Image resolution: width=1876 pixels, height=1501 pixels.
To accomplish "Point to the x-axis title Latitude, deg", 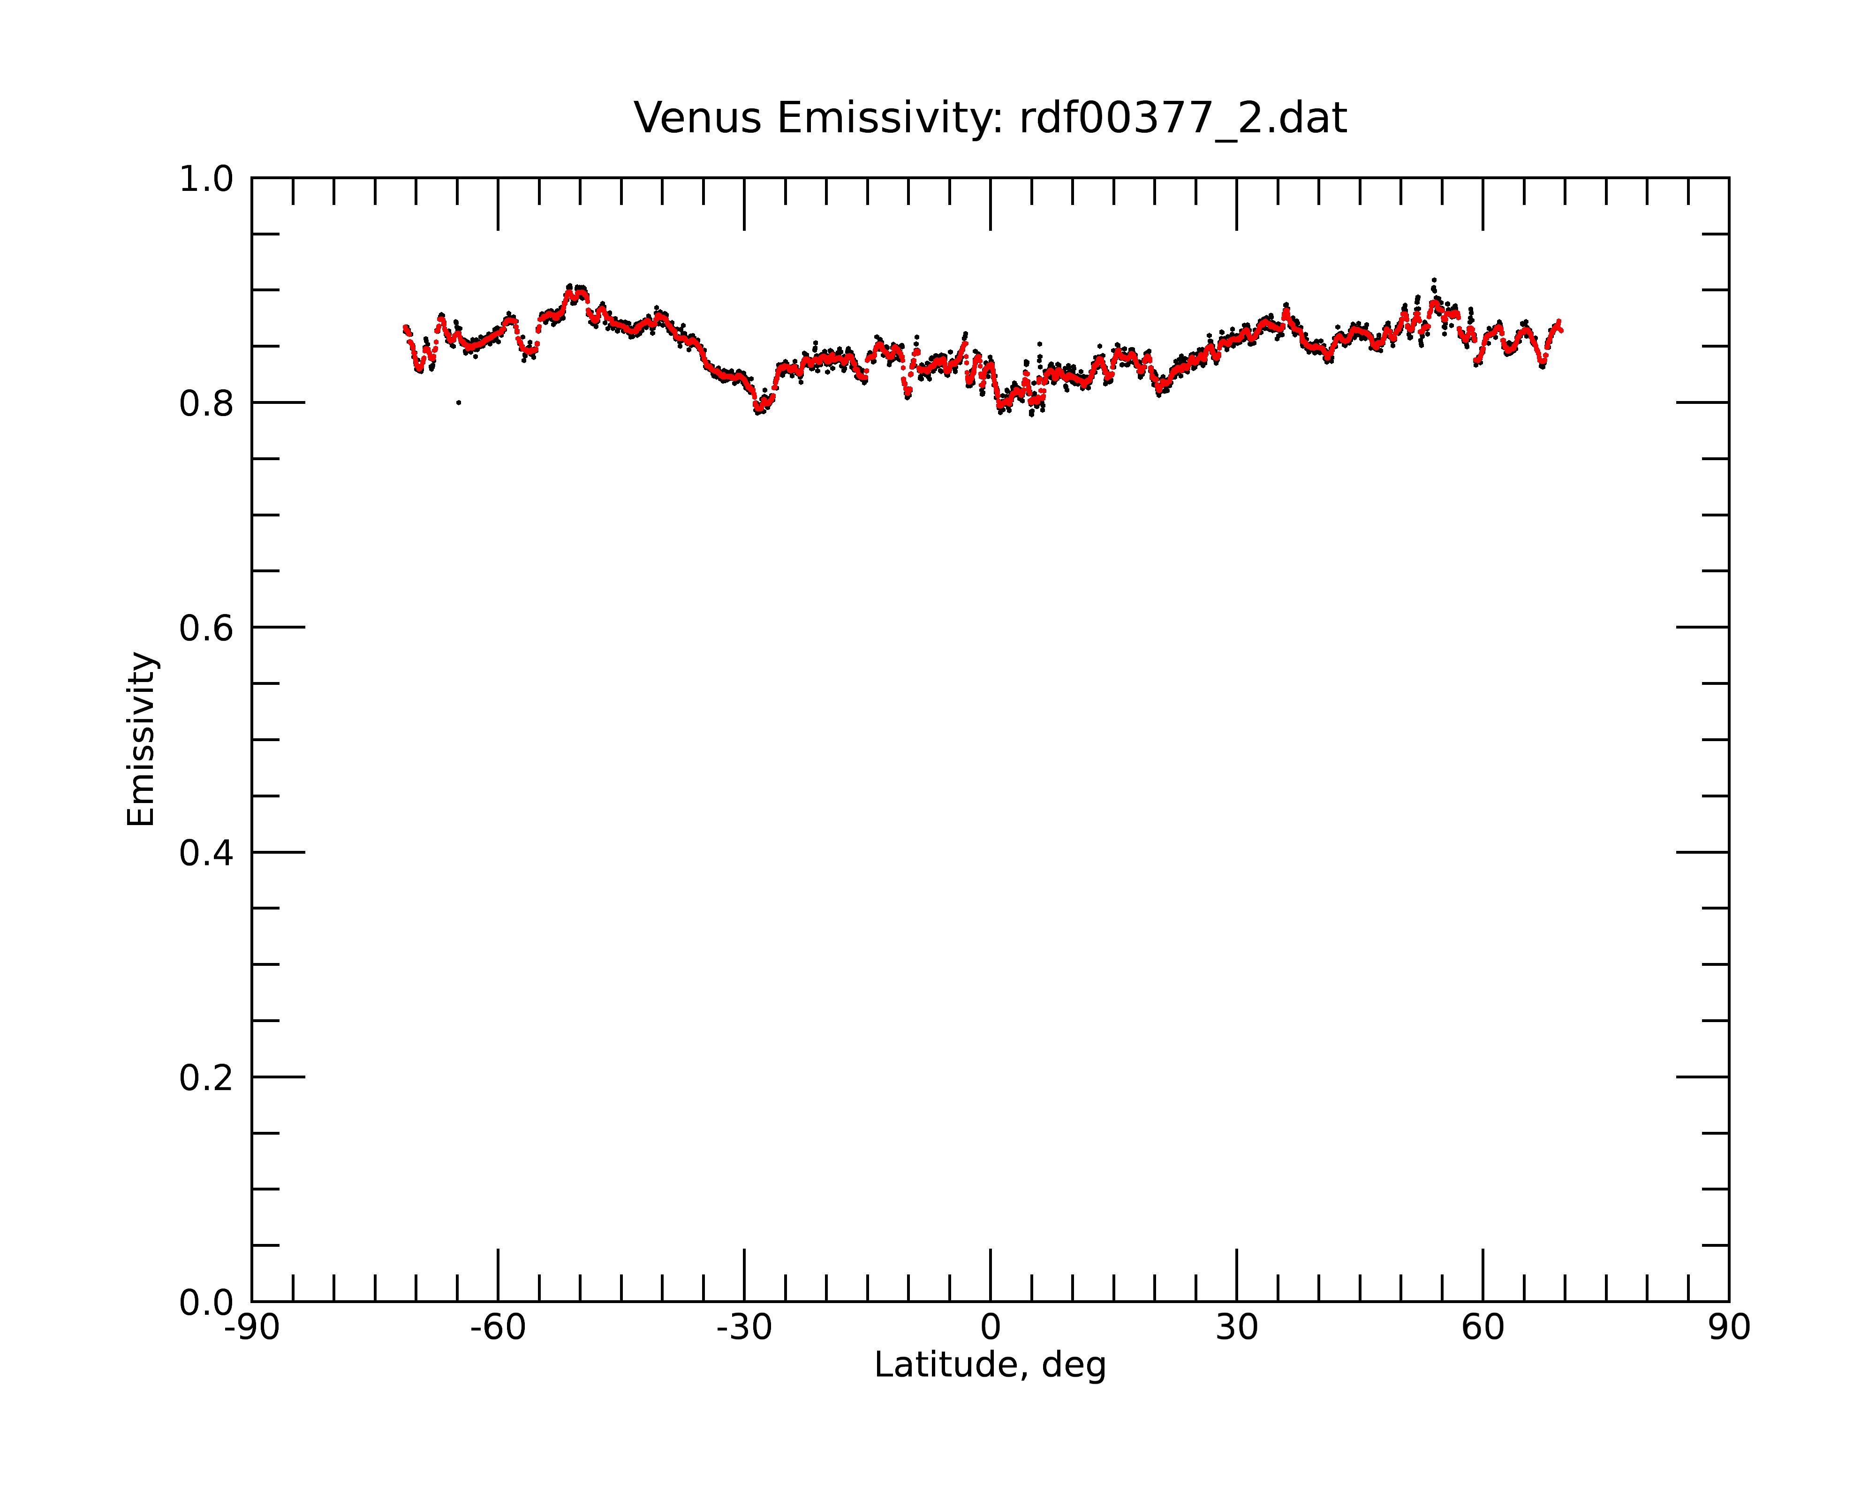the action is coord(990,1365).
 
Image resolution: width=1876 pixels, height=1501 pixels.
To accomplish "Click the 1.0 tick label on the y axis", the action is coord(206,179).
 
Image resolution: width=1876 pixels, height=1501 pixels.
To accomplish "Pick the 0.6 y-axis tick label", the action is coord(206,628).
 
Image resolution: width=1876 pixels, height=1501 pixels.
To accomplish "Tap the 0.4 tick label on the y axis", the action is coord(206,853).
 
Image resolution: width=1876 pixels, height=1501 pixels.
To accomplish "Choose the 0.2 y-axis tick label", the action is coord(206,1077).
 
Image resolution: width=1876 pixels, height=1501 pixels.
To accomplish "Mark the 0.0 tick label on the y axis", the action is coord(206,1303).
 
